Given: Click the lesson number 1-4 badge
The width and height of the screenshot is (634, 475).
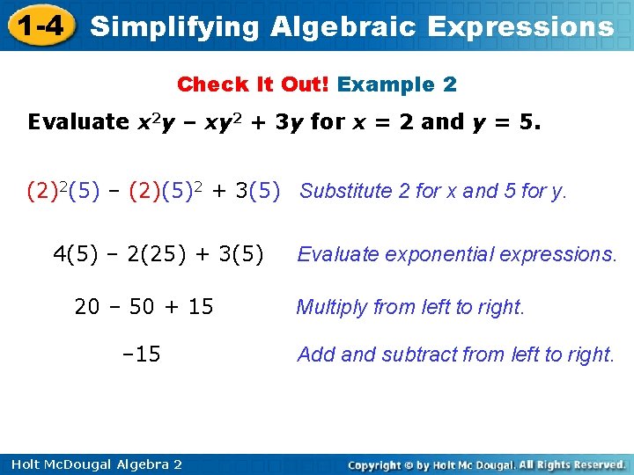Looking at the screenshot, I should (x=38, y=26).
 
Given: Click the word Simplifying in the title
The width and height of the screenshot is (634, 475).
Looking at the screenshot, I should (x=175, y=26).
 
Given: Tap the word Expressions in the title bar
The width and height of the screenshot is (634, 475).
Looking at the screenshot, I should (x=520, y=26).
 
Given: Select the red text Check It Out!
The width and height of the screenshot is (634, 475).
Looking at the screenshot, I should (x=253, y=84).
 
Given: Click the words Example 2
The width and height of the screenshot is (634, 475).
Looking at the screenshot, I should (x=397, y=84).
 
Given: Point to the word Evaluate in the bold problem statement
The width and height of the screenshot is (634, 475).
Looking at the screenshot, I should (x=78, y=121).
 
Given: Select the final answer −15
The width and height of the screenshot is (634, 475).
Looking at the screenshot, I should (x=141, y=354).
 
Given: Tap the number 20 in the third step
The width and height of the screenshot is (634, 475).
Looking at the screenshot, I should (x=87, y=307).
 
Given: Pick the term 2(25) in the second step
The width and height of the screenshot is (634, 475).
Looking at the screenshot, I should (x=155, y=254).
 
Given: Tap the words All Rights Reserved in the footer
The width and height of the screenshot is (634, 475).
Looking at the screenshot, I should (x=571, y=464).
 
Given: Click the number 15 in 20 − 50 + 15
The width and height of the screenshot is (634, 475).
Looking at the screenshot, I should (x=200, y=307).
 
